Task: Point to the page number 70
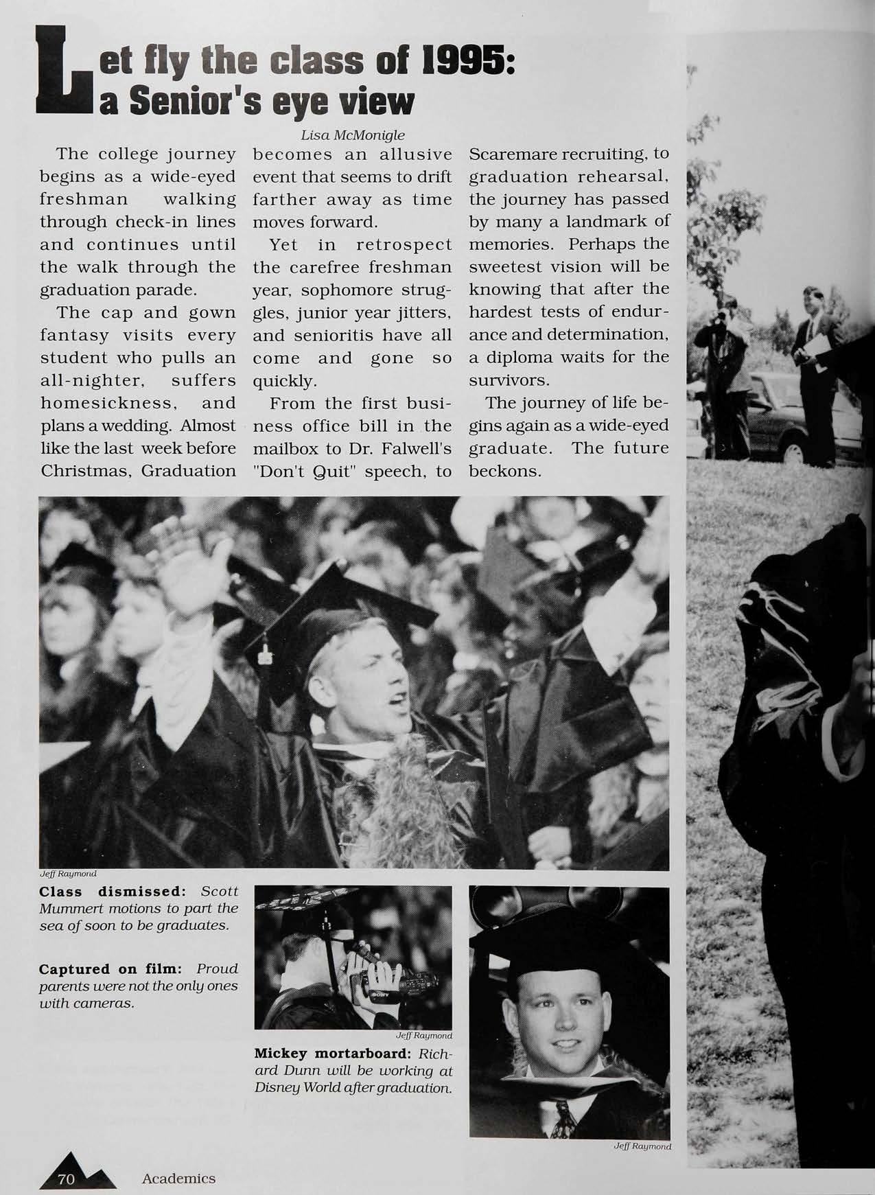pyautogui.click(x=66, y=1179)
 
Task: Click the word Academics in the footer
pyautogui.click(x=178, y=1179)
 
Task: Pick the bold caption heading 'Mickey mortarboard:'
pyautogui.click(x=334, y=1053)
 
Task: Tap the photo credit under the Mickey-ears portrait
pyautogui.click(x=642, y=1146)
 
